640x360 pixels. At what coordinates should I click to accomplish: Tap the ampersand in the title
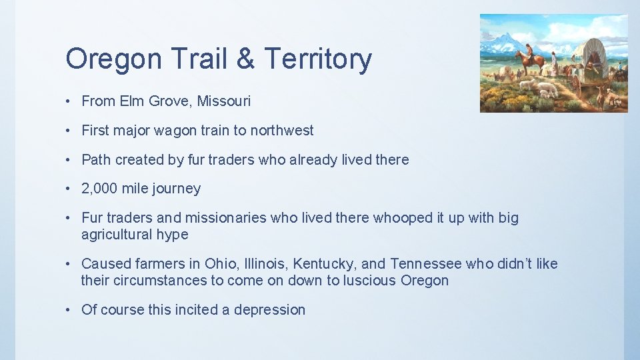(x=245, y=59)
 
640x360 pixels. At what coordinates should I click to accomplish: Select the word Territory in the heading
(x=318, y=60)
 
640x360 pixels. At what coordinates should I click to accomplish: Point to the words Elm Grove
(x=156, y=101)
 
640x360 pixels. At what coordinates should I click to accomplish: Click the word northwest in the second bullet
(x=281, y=131)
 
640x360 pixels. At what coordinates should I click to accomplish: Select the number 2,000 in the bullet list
(x=99, y=189)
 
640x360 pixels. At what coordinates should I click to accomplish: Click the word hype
(x=173, y=235)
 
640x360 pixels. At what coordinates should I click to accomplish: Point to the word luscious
(x=369, y=281)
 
